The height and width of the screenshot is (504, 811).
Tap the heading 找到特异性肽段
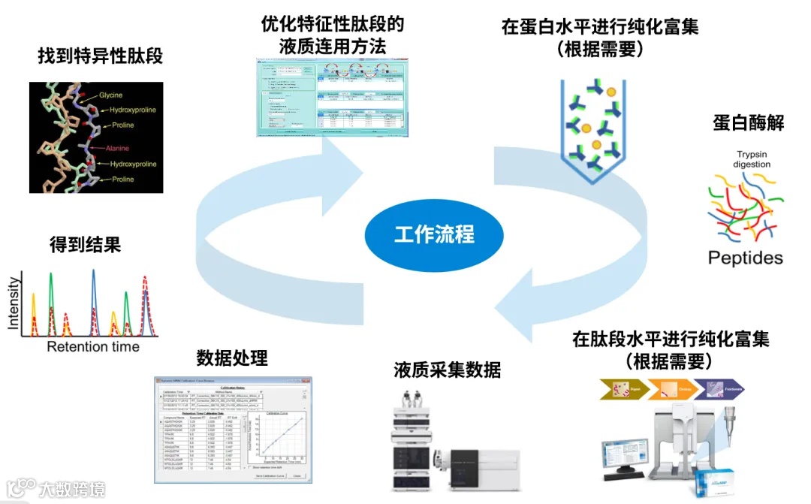(x=100, y=56)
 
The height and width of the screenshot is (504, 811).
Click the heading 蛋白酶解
(x=748, y=123)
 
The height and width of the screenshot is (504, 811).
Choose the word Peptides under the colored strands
(x=745, y=258)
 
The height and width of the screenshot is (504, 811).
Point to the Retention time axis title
(x=93, y=346)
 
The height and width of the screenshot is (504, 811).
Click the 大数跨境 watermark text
(x=72, y=490)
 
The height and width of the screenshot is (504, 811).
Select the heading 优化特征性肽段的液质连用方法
(x=332, y=35)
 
